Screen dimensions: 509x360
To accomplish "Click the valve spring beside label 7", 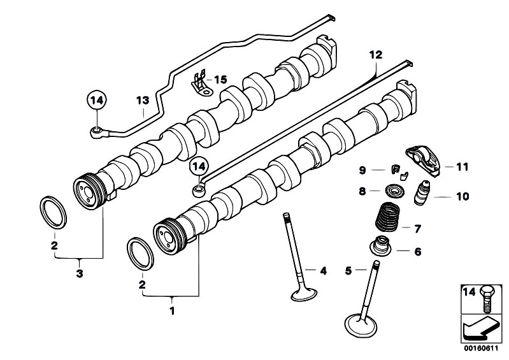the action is click(388, 217).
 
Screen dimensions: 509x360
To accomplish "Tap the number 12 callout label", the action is click(376, 55).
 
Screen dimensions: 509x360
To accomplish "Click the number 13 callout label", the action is click(143, 100).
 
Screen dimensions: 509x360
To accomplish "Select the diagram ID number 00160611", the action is click(480, 349).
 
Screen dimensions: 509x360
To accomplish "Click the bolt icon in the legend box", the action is click(486, 298).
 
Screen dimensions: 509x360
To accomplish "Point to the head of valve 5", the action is click(361, 324).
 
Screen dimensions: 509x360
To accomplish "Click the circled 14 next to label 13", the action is click(96, 100).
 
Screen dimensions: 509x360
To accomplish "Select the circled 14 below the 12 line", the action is click(199, 166).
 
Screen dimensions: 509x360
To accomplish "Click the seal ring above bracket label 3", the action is click(54, 213).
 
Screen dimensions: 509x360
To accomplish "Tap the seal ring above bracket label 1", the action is click(140, 254).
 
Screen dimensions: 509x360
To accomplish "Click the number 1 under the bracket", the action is click(172, 311).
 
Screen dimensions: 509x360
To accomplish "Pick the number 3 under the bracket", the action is click(80, 273).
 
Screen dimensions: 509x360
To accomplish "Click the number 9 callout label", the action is click(362, 170).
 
